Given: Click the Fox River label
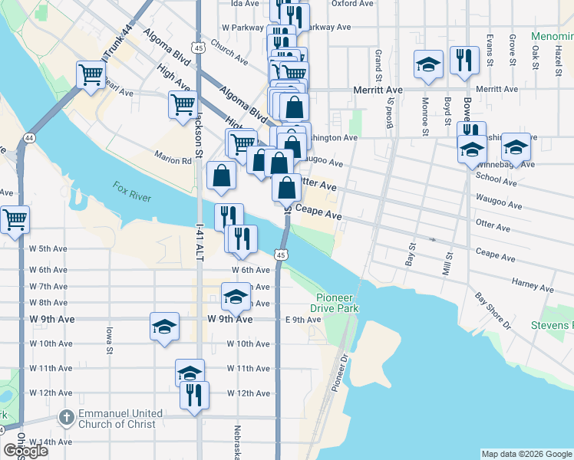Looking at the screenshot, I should pos(132,191).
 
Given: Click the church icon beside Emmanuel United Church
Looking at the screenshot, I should pos(66,418).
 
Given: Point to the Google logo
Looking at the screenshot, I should pos(25,451).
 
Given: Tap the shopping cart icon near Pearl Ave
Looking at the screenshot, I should pos(91,74).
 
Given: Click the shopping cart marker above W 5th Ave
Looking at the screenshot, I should pos(15,219).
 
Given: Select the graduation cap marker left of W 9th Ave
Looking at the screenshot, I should pos(164,326).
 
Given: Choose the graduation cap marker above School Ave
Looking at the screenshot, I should pos(516,146).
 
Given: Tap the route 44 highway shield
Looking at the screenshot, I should pos(29,138).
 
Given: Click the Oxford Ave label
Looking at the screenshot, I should pos(352,3).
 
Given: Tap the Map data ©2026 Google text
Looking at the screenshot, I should pos(526,454).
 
